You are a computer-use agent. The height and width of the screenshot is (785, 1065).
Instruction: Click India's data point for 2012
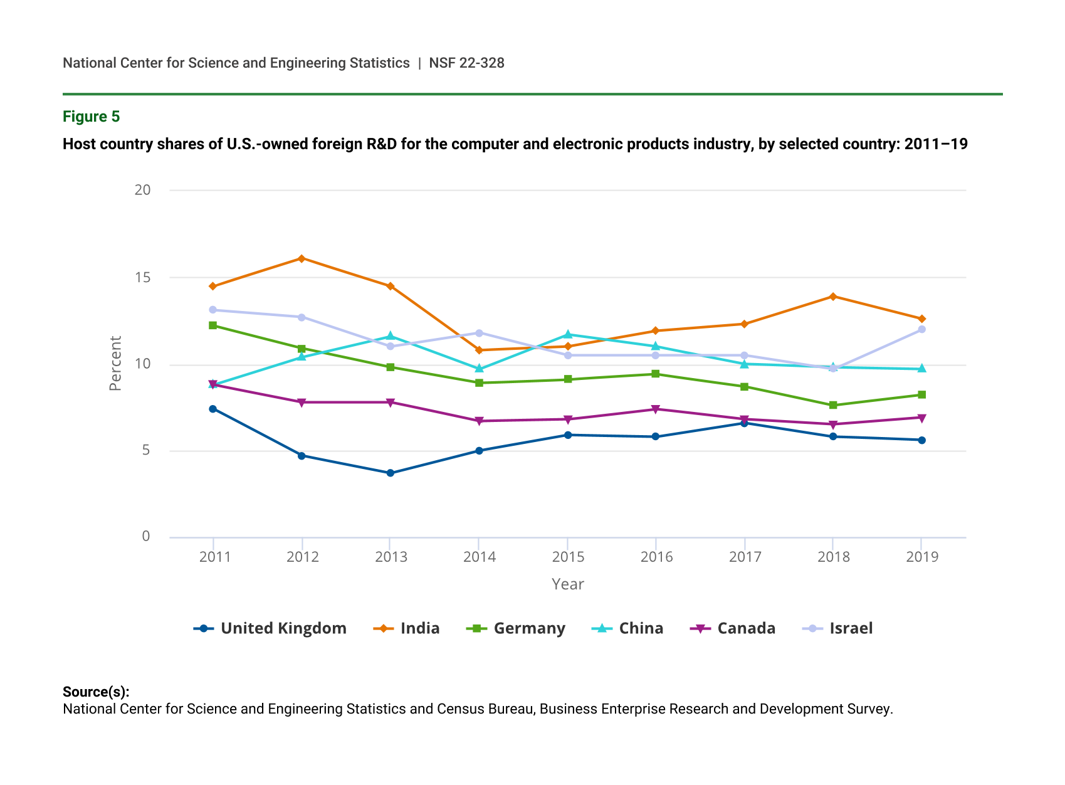(302, 258)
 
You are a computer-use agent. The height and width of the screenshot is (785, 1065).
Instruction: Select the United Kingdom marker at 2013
(390, 473)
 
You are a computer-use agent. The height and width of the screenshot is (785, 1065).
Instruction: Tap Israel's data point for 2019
(921, 329)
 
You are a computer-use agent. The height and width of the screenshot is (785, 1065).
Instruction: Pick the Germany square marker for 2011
(213, 325)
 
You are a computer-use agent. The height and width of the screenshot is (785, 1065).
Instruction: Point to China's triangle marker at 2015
(567, 334)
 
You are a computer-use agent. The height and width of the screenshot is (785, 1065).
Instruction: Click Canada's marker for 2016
(656, 409)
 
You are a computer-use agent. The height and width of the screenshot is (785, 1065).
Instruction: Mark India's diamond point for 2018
(833, 297)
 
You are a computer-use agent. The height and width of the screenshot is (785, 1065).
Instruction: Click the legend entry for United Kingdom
(270, 628)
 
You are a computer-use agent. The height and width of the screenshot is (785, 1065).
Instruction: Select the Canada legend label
(733, 628)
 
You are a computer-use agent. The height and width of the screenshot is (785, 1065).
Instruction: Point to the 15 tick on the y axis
(143, 277)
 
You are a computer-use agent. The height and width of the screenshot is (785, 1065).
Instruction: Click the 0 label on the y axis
(146, 536)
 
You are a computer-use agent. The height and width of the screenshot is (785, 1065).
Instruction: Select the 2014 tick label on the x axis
(479, 557)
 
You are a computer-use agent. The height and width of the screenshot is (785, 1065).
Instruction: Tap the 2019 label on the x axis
(921, 557)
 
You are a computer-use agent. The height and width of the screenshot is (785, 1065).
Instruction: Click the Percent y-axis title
(115, 364)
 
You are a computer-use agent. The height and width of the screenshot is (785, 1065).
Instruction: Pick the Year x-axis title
(567, 584)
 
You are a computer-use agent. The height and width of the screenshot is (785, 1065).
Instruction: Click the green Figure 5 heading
(91, 117)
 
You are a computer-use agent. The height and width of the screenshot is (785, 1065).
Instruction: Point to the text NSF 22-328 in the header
(466, 63)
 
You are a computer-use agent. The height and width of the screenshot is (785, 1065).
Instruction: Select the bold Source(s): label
(96, 692)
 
